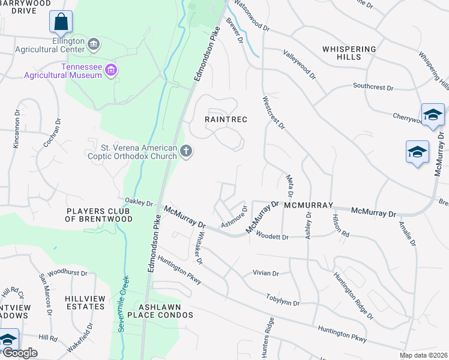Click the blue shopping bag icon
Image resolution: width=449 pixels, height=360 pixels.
61,22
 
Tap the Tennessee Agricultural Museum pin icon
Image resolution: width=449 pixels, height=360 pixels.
110,71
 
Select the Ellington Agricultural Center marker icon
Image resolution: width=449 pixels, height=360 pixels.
94,44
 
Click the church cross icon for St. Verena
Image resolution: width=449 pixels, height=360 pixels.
186,151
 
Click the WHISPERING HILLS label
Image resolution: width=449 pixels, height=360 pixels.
349,53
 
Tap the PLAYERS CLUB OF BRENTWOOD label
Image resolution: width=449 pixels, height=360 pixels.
99,215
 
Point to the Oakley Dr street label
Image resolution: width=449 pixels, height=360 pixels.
139,202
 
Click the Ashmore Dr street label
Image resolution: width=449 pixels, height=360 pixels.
234,217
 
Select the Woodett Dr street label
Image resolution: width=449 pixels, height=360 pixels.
273,238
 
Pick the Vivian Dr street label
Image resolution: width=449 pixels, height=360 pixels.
266,273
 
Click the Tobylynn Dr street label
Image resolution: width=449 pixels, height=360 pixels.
283,300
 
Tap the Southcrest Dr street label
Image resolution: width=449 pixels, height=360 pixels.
372,88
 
